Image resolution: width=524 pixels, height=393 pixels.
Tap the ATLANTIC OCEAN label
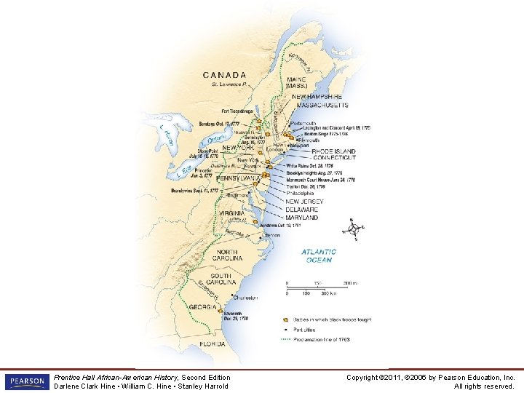pyautogui.click(x=319, y=255)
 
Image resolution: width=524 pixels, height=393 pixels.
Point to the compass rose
pyautogui.click(x=354, y=229)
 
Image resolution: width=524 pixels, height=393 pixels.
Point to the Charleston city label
pyautogui.click(x=245, y=298)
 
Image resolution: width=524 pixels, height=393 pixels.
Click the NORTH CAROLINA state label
pyautogui.click(x=232, y=255)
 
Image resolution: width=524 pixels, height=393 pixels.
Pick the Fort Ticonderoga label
pyautogui.click(x=237, y=111)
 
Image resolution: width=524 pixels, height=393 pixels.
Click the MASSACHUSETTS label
pyautogui.click(x=320, y=106)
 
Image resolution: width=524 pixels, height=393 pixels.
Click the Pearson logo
pyautogui.click(x=25, y=381)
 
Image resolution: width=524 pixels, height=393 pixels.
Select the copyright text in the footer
pyautogui.click(x=431, y=381)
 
